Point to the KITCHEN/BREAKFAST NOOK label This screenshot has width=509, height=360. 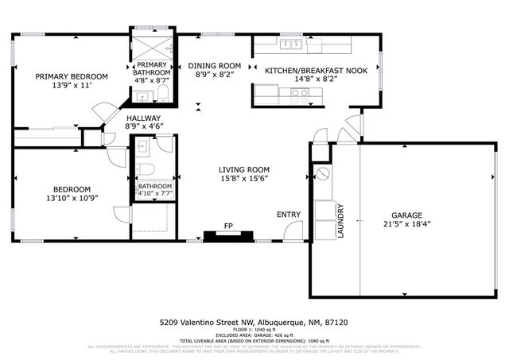pyautogui.click(x=316, y=70)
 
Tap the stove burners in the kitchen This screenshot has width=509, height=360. pyautogui.click(x=300, y=93)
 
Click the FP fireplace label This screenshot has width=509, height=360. pyautogui.click(x=228, y=225)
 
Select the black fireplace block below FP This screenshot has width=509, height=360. pyautogui.click(x=229, y=235)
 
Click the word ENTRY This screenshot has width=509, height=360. pyautogui.click(x=288, y=215)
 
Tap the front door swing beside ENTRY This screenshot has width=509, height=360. pyautogui.click(x=293, y=231)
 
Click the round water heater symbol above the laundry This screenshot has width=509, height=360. pyautogui.click(x=323, y=173)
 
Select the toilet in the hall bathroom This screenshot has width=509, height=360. pyautogui.click(x=145, y=168)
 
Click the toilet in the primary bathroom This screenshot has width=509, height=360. pyautogui.click(x=162, y=94)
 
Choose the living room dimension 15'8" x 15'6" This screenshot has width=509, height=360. pyautogui.click(x=244, y=179)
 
